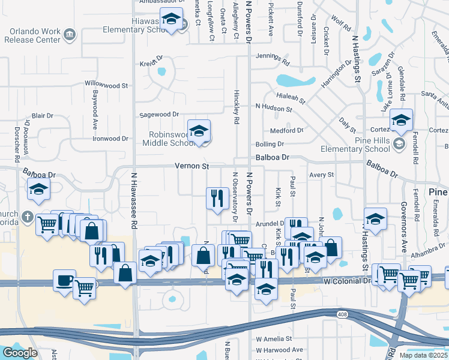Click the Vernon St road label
click(191, 166)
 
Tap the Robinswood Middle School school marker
click(199, 130)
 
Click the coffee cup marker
click(65, 280)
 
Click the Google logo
click(19, 353)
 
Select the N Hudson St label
click(274, 108)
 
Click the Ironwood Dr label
click(111, 138)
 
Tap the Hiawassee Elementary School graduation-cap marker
click(172, 20)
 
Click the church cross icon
click(27, 216)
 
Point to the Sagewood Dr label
click(159, 114)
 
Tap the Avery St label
click(321, 175)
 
